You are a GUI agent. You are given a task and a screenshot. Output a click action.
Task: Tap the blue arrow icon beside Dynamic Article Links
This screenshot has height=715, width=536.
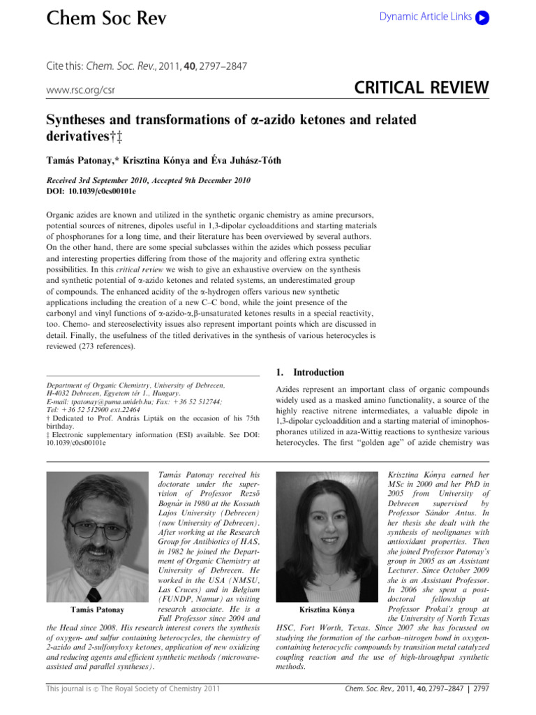(482, 17)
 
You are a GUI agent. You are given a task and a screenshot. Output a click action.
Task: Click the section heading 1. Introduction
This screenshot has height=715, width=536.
(310, 372)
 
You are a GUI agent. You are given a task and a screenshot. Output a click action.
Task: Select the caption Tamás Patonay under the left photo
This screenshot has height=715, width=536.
(98, 610)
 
